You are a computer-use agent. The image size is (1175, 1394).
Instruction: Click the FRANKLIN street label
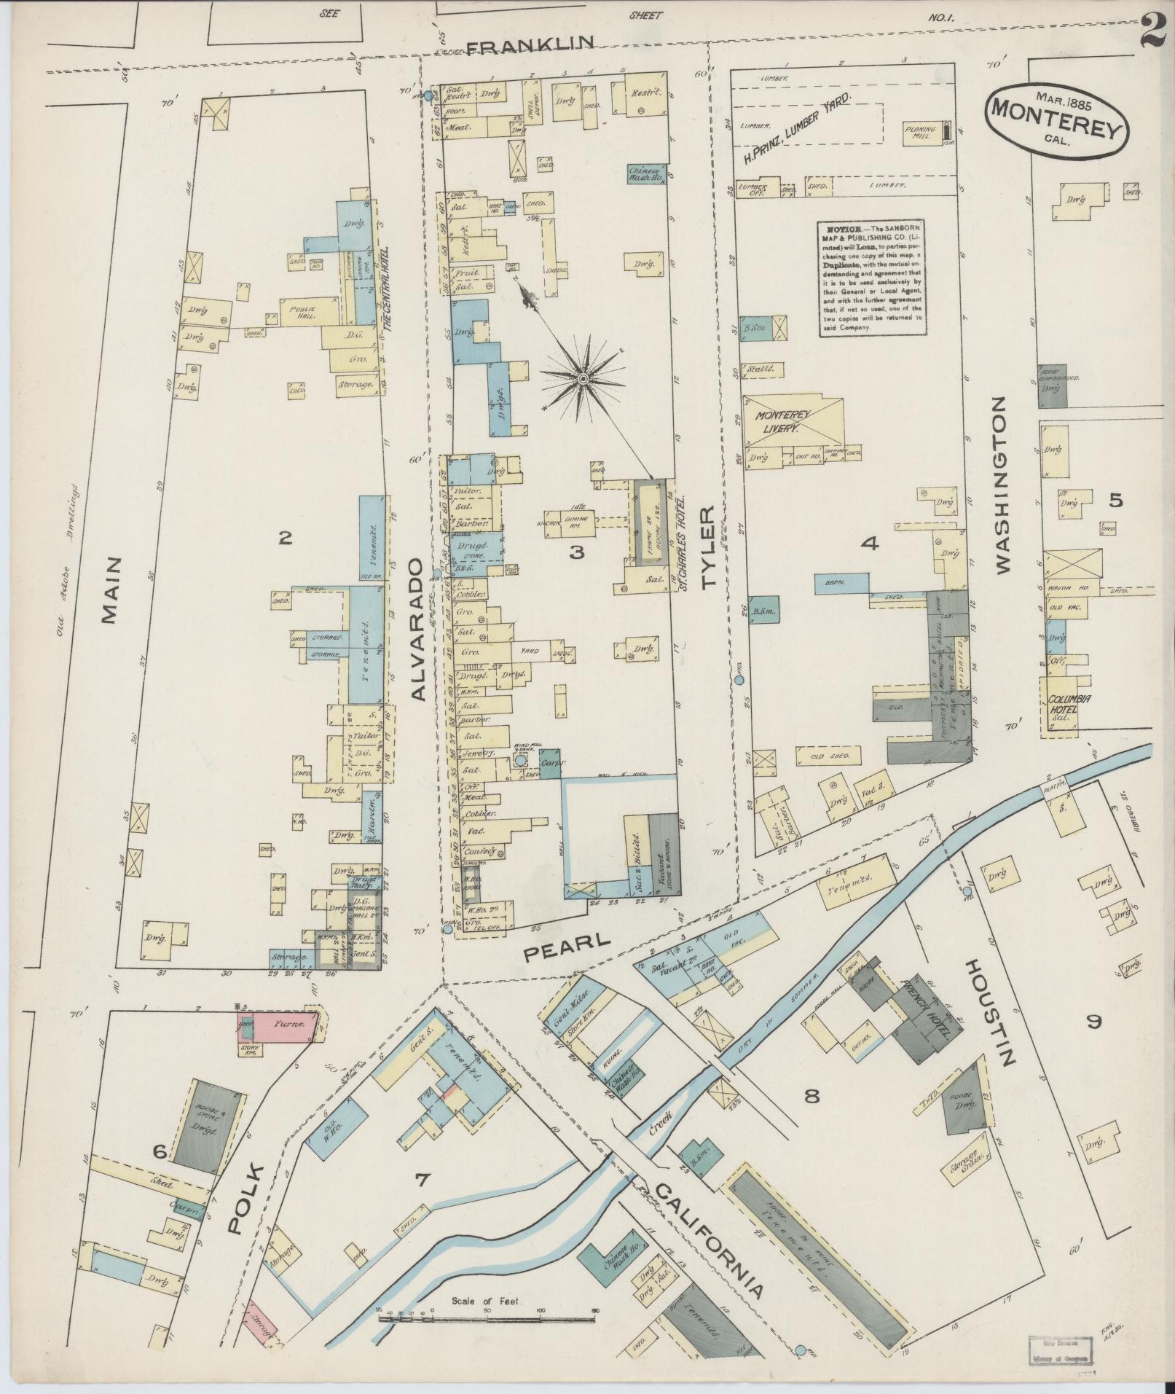531,47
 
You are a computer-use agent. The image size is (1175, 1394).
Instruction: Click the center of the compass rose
583,378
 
